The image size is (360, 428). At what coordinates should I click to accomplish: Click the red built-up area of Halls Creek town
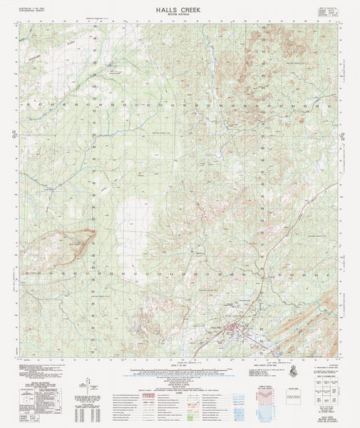click(x=236, y=329)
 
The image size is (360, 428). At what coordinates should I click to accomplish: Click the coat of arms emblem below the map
click(x=294, y=369)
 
